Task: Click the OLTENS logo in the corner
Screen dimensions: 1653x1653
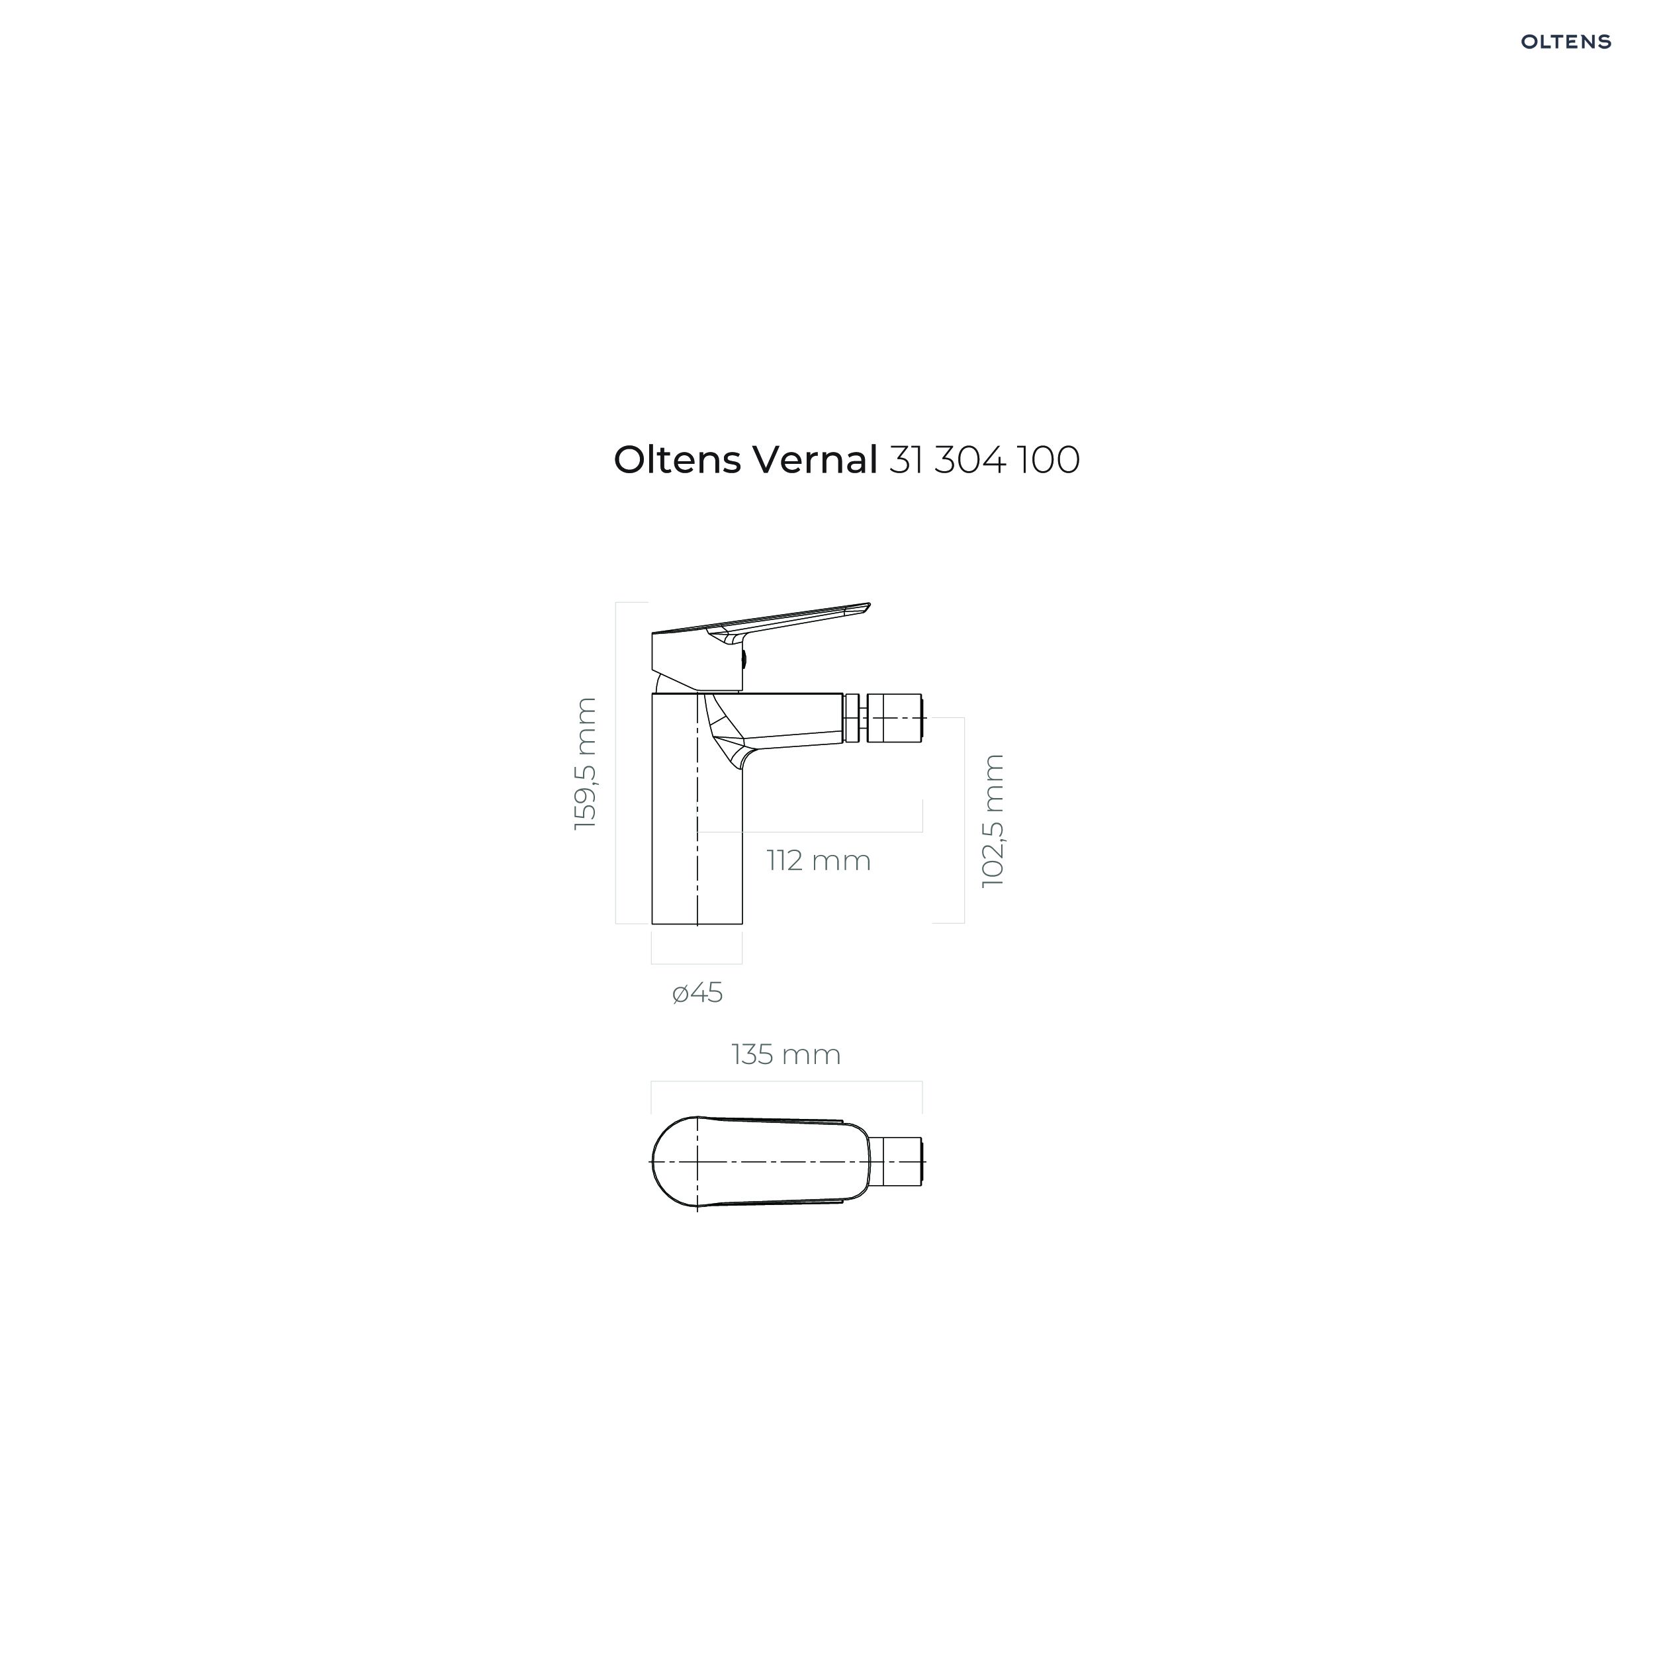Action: point(1565,42)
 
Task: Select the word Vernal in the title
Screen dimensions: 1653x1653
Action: point(815,461)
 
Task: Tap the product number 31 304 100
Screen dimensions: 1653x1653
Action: point(985,461)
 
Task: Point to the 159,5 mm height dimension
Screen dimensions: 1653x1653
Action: point(586,764)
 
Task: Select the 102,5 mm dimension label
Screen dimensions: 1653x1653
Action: point(993,821)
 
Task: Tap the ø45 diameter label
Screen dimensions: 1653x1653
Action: point(697,993)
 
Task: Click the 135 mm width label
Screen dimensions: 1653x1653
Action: point(786,1054)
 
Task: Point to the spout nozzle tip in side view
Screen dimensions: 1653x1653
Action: point(895,718)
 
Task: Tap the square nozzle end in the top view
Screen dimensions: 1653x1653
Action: point(896,1162)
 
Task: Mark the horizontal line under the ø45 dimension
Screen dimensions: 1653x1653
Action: point(696,963)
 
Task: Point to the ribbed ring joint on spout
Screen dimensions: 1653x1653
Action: point(853,718)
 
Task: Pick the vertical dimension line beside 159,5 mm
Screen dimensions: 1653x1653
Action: point(615,763)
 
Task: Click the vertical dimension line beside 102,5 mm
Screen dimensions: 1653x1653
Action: point(964,821)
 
